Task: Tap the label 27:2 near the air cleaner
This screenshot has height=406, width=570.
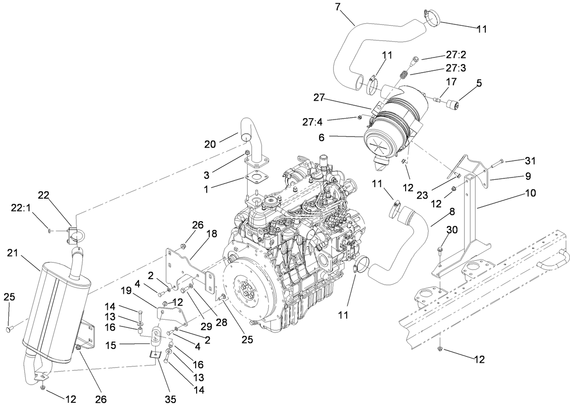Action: click(x=456, y=55)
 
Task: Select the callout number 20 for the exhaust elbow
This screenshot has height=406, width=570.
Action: click(x=210, y=144)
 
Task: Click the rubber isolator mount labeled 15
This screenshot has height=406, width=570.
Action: click(x=156, y=336)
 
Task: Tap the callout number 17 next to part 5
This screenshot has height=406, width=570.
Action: click(x=451, y=82)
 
